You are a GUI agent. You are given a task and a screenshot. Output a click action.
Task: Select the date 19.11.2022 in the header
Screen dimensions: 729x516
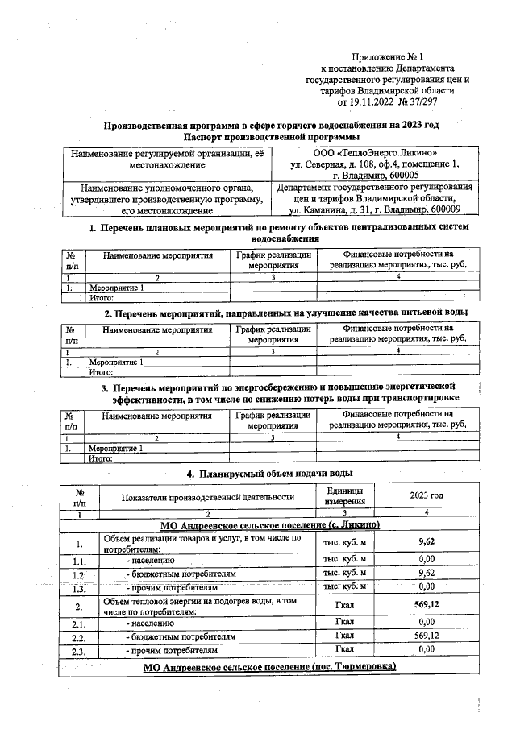[x=372, y=101]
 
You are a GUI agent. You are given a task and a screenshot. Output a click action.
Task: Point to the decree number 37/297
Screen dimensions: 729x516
[x=424, y=101]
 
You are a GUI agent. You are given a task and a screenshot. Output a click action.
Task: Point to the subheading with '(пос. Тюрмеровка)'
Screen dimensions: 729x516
[x=352, y=668]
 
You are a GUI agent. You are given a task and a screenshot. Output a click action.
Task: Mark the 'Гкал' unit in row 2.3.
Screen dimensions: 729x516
[x=344, y=649]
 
